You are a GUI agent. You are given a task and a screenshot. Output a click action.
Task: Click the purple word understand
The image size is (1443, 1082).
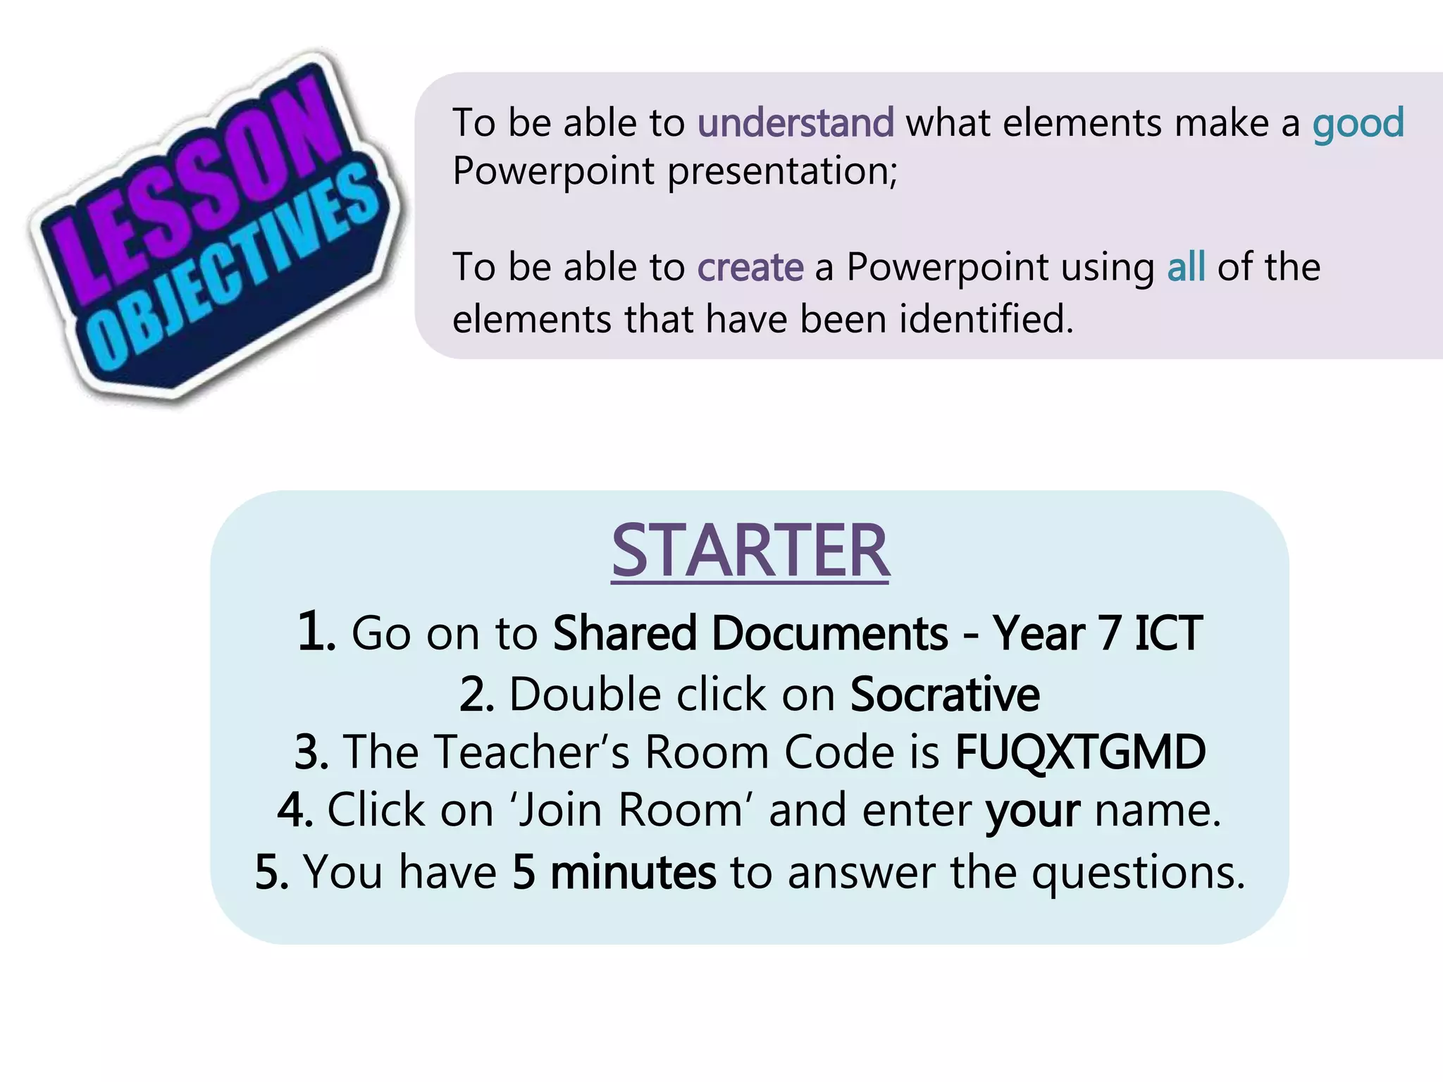[795, 123]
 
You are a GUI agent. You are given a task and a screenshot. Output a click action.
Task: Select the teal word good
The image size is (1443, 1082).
[1358, 124]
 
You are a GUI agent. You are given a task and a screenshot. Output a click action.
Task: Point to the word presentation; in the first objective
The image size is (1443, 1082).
[782, 171]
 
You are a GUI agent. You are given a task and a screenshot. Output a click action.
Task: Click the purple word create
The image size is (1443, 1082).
[750, 267]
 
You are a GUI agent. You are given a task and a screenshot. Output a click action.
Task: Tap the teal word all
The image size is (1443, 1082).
[1186, 267]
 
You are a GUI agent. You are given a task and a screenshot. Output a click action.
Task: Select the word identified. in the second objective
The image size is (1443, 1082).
[986, 319]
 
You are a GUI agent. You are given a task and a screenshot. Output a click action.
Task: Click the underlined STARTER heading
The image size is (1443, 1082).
[750, 551]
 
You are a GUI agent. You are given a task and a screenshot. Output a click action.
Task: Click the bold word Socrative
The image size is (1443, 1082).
[944, 695]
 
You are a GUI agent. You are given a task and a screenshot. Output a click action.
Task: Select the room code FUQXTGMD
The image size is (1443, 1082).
[1079, 752]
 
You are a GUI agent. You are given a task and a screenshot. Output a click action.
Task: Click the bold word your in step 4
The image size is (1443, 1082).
[1032, 811]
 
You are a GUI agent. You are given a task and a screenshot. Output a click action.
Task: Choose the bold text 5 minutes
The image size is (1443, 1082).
[613, 872]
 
